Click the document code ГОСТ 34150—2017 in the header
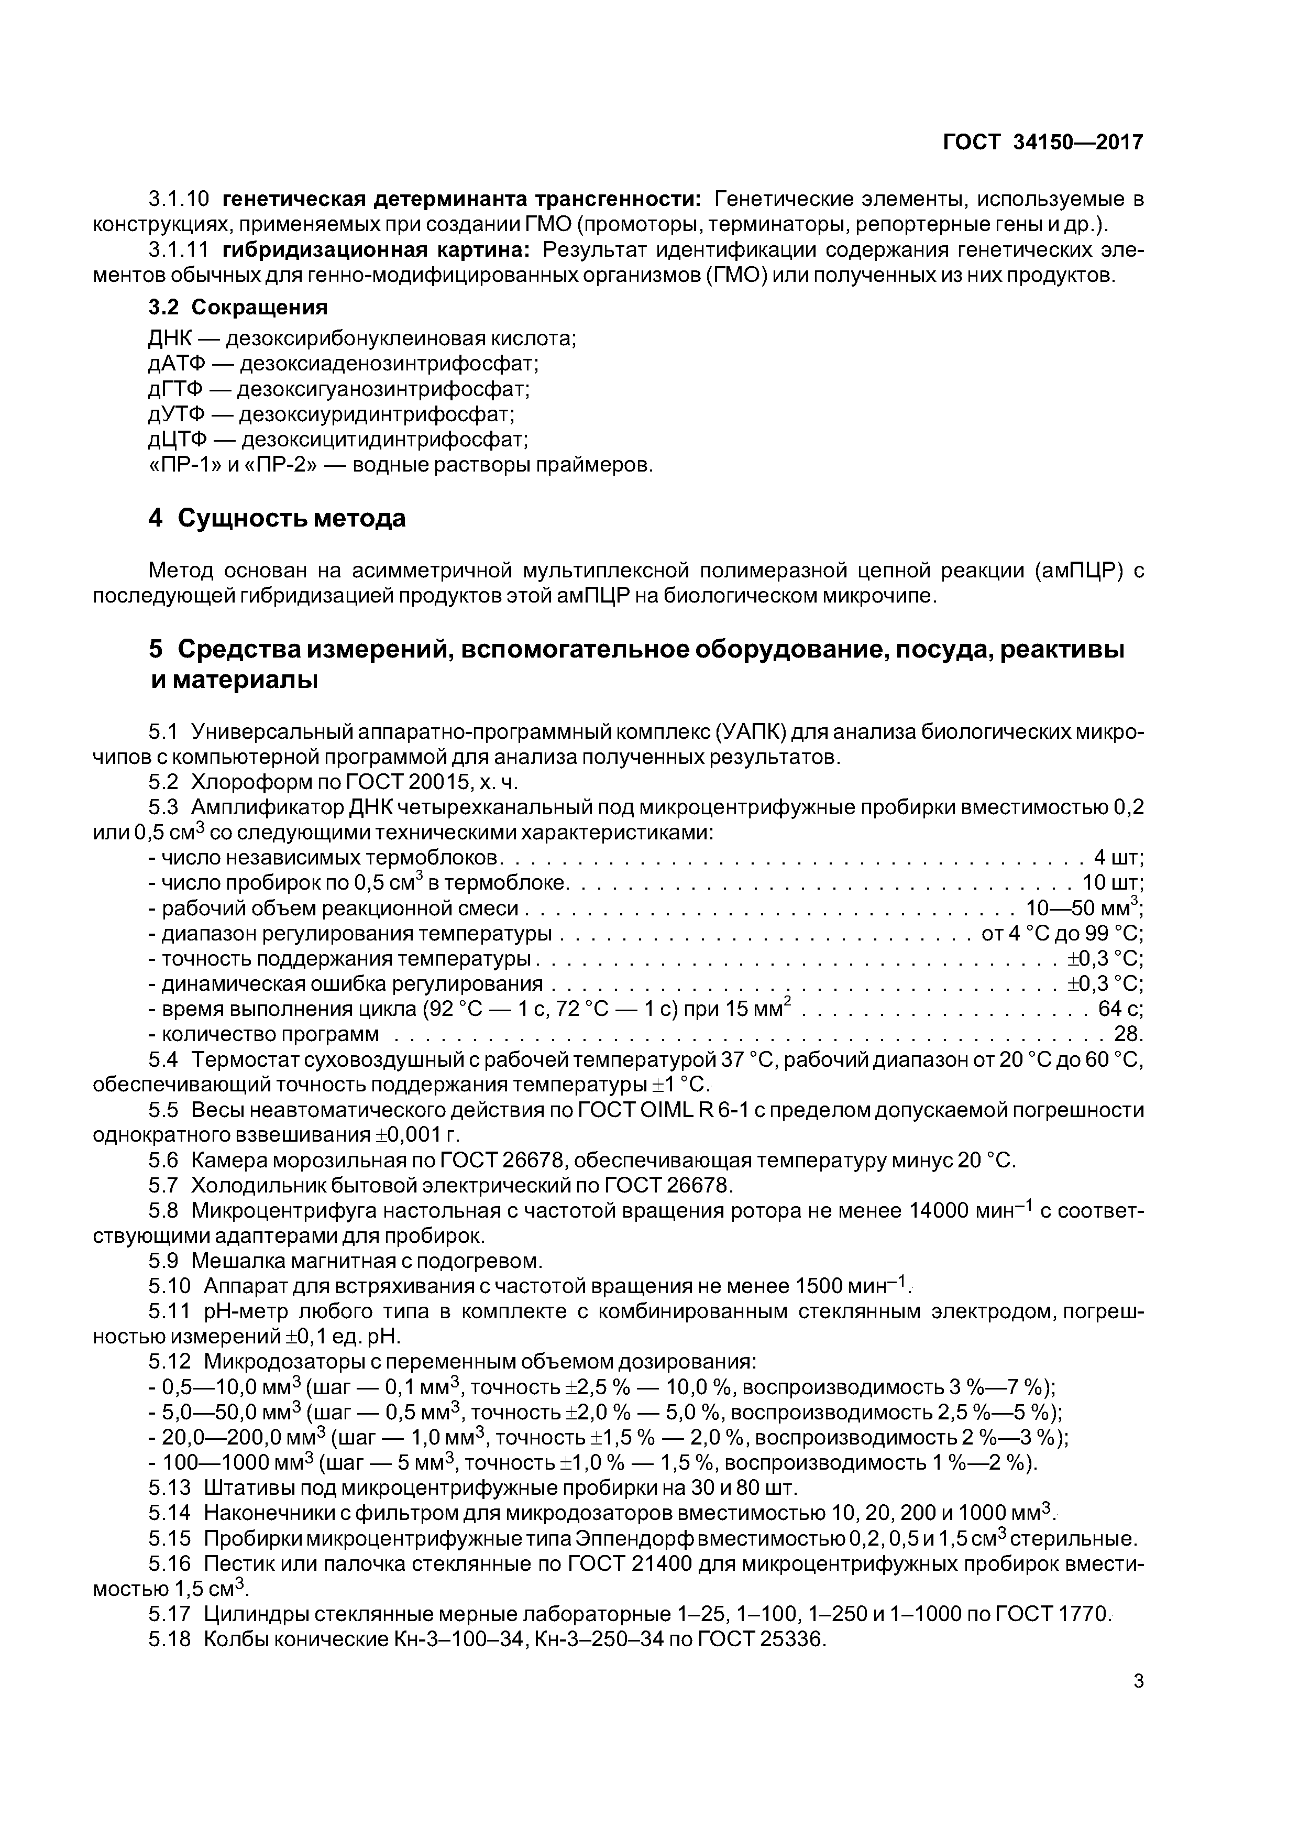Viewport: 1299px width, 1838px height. pos(1043,143)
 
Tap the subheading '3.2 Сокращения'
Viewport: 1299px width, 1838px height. pos(238,308)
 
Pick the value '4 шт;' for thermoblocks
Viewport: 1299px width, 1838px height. pos(1118,857)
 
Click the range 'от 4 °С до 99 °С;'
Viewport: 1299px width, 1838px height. pos(1062,934)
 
